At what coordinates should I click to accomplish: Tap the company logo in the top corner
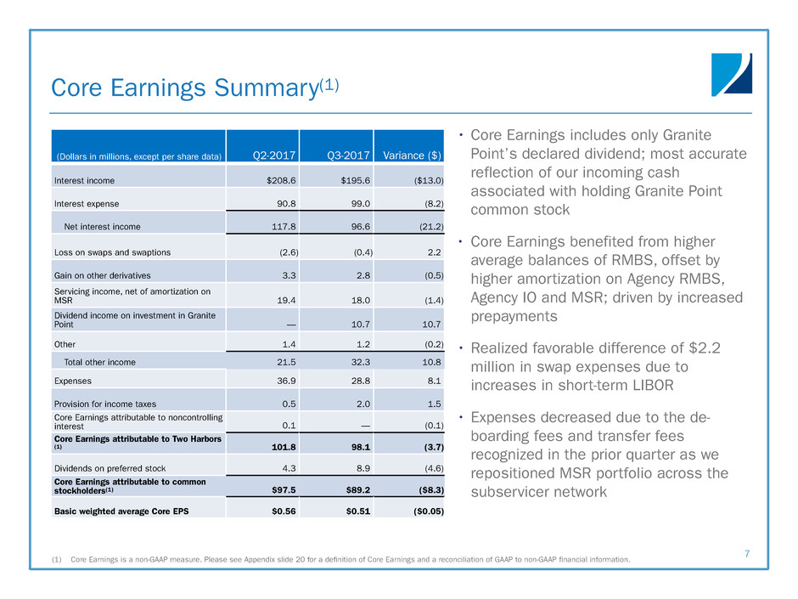click(732, 75)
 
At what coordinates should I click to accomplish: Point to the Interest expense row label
click(86, 204)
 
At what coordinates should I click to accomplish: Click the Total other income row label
click(99, 362)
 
